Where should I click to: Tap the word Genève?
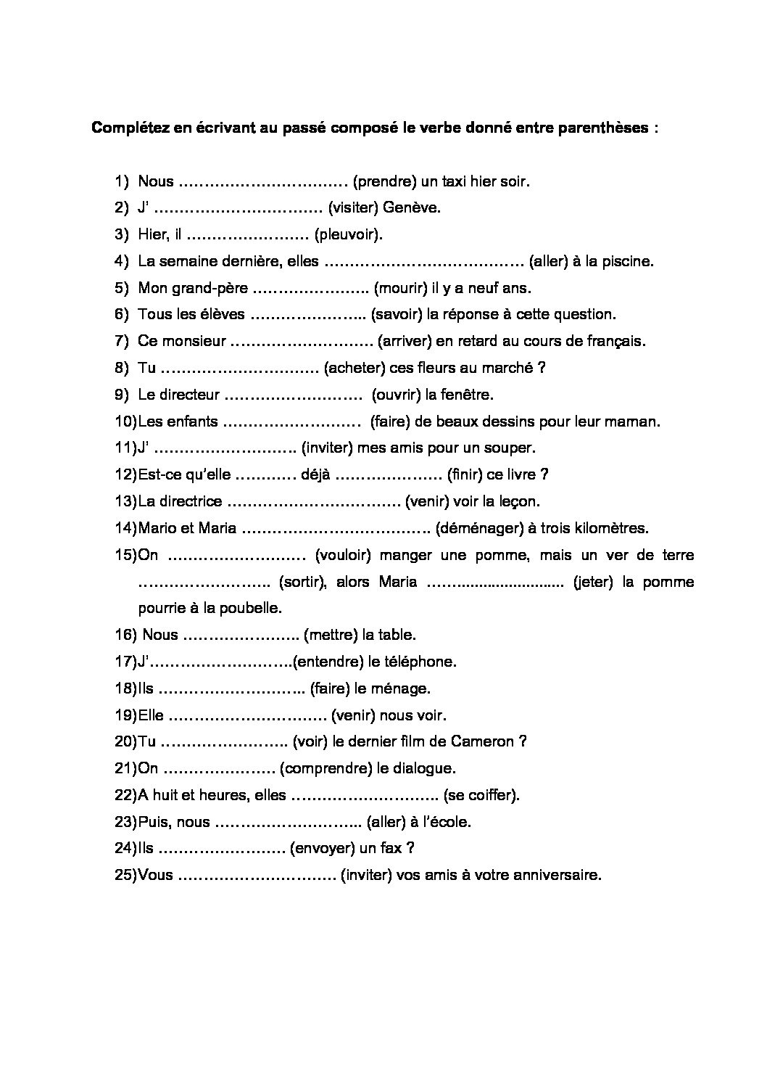pyautogui.click(x=412, y=208)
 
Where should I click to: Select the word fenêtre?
pyautogui.click(x=468, y=395)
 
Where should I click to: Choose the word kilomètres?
pyautogui.click(x=608, y=528)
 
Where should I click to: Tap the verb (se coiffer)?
pyautogui.click(x=481, y=795)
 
